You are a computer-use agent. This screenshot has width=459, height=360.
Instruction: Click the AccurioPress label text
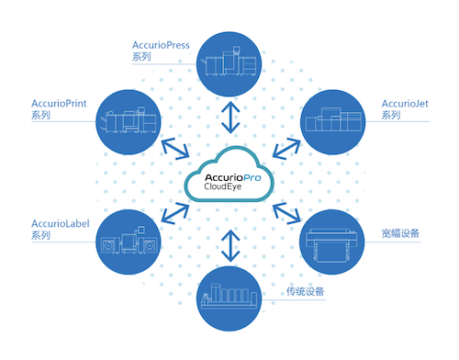pyautogui.click(x=161, y=45)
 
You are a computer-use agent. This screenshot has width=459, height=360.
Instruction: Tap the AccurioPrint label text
pyautogui.click(x=59, y=104)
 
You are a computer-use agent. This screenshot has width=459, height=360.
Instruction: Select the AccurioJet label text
pyautogui.click(x=405, y=104)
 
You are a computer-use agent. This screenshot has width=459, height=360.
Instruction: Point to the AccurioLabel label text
pyautogui.click(x=61, y=224)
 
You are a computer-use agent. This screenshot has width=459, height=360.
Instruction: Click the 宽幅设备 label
pyautogui.click(x=400, y=233)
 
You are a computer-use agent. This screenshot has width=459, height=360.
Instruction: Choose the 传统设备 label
pyautogui.click(x=305, y=291)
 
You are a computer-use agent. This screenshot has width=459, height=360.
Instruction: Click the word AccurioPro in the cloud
pyautogui.click(x=233, y=178)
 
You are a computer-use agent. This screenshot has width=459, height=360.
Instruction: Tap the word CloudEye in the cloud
pyautogui.click(x=223, y=186)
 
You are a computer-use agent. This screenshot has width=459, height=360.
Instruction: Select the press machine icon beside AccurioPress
pyautogui.click(x=229, y=62)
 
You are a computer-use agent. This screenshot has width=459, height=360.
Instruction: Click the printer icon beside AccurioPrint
pyautogui.click(x=129, y=120)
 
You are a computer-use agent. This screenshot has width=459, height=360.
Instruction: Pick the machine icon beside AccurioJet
pyautogui.click(x=333, y=119)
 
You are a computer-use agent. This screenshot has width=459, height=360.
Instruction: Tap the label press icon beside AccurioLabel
pyautogui.click(x=129, y=241)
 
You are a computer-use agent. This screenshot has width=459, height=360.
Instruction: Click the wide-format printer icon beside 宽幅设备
pyautogui.click(x=331, y=245)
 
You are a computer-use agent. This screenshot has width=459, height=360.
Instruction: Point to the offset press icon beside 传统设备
pyautogui.click(x=229, y=296)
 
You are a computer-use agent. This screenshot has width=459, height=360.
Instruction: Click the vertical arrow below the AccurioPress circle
pyautogui.click(x=230, y=118)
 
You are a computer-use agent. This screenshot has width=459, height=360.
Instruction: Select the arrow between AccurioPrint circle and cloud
pyautogui.click(x=175, y=149)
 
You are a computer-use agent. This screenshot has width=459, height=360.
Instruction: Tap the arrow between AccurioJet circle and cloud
pyautogui.click(x=286, y=149)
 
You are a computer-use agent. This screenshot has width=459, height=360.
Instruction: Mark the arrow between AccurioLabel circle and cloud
pyautogui.click(x=175, y=213)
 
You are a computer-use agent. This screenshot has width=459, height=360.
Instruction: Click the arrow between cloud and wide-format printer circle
pyautogui.click(x=286, y=213)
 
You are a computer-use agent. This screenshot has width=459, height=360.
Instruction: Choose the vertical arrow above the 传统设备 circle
pyautogui.click(x=230, y=246)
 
